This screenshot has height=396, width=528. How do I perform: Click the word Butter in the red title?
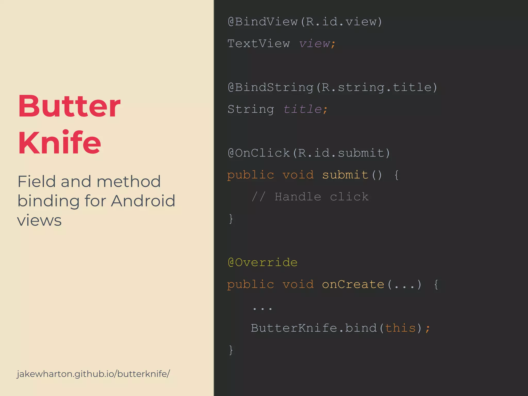(x=69, y=106)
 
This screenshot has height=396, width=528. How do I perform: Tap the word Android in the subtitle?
(x=143, y=201)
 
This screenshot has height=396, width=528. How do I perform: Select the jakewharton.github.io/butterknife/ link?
(x=93, y=374)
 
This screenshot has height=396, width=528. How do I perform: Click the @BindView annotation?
(x=263, y=22)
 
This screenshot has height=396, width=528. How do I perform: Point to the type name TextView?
(x=259, y=44)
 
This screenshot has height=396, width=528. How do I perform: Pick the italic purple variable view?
(x=315, y=44)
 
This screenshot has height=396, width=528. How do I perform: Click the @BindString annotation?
(x=271, y=87)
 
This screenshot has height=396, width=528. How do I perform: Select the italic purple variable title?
(x=302, y=109)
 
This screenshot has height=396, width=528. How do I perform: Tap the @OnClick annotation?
(x=259, y=153)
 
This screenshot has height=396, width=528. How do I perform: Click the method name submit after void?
(x=345, y=175)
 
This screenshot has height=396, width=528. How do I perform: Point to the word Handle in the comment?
(x=298, y=197)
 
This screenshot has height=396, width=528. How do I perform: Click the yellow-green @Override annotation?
(x=263, y=262)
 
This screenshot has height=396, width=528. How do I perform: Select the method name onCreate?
(x=353, y=284)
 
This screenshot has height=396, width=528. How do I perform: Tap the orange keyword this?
(x=400, y=328)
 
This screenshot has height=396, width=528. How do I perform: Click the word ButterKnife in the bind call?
(x=294, y=328)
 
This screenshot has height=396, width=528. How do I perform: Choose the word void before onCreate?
(x=298, y=284)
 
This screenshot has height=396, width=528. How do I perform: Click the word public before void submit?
(x=251, y=175)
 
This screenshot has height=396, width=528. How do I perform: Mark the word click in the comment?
(x=349, y=197)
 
